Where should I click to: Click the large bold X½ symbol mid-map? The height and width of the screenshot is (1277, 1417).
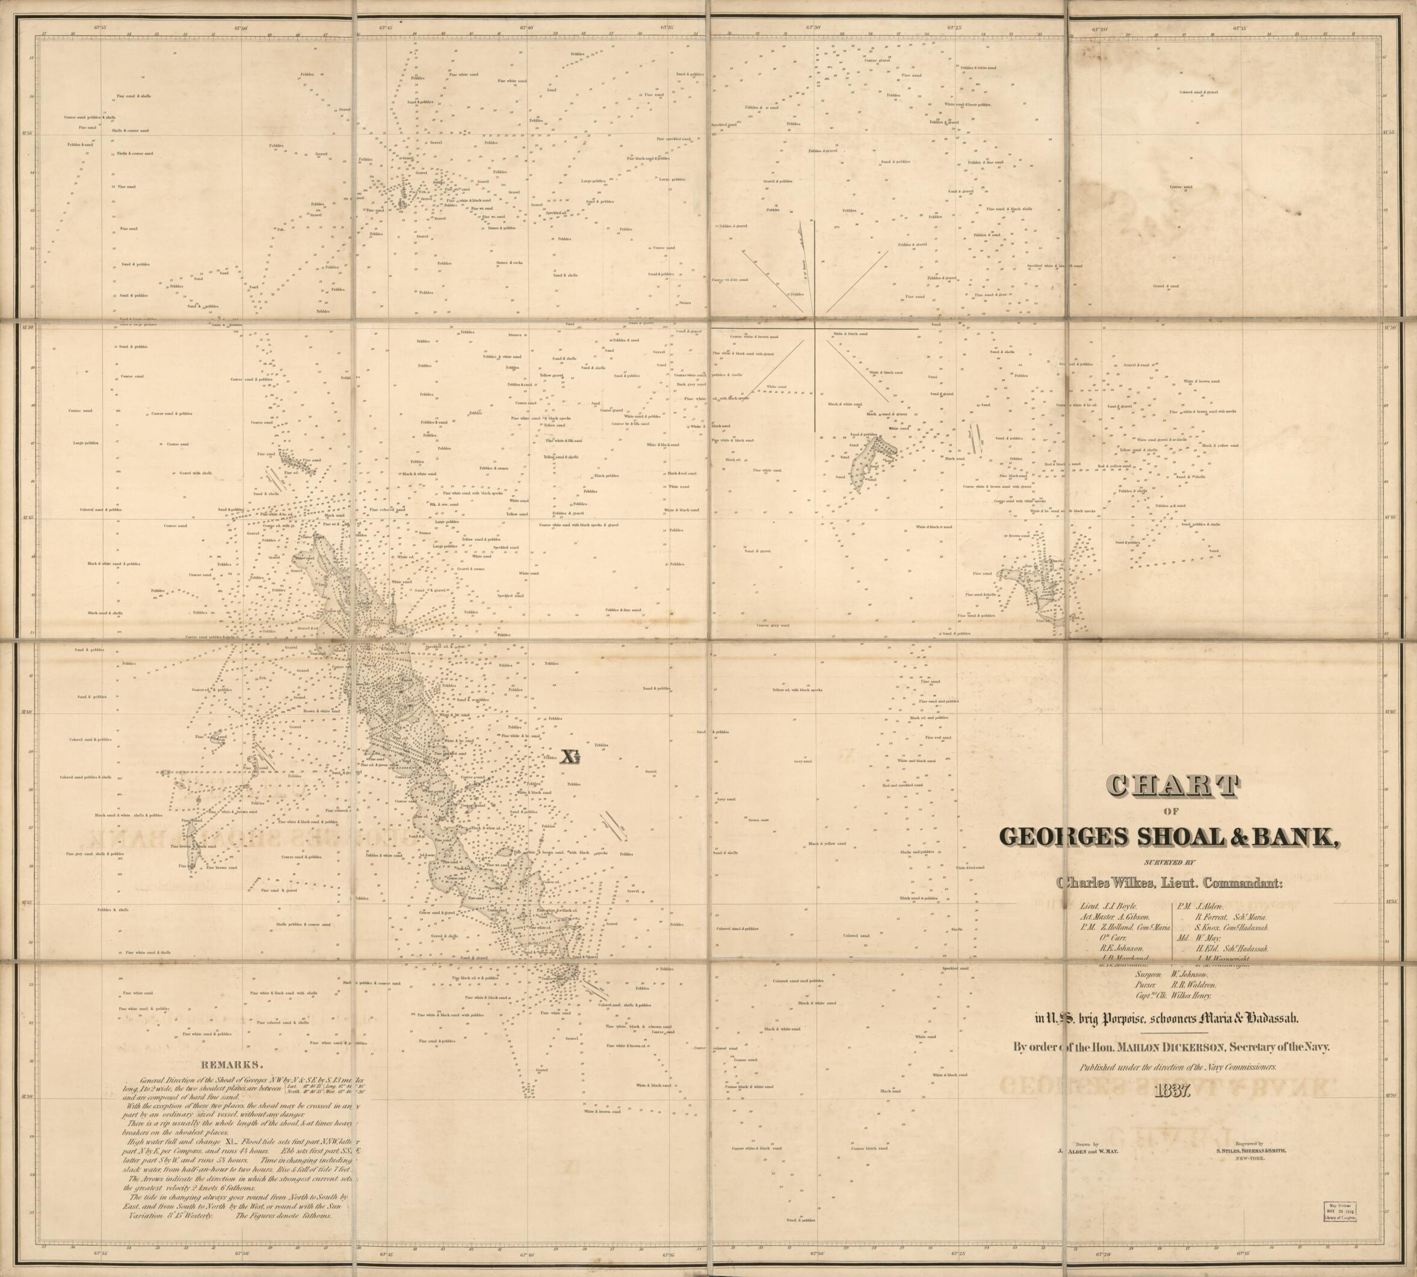(569, 758)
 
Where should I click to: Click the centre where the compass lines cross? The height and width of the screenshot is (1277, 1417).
(815, 328)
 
